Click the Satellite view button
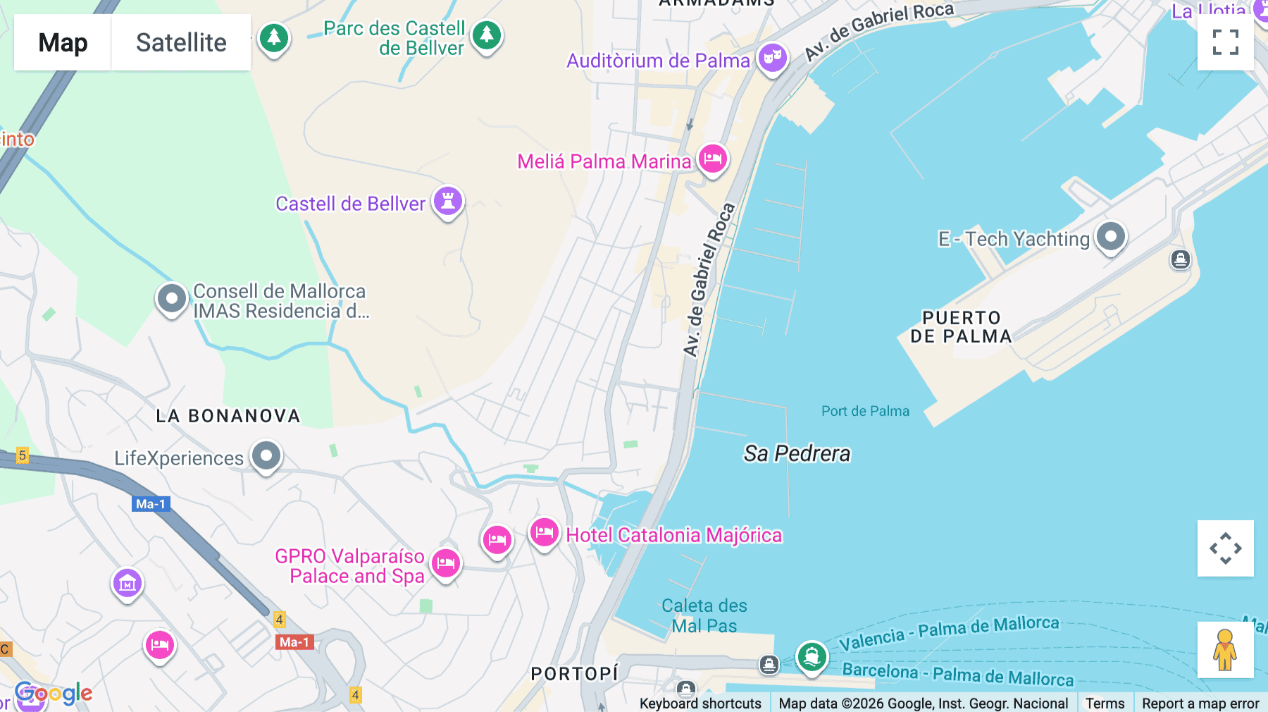(181, 42)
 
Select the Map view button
(63, 42)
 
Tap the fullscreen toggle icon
(1225, 42)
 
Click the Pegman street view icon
(1225, 650)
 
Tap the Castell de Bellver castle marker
(448, 201)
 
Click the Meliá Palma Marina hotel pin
(713, 159)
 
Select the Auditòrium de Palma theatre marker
(773, 58)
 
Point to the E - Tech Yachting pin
(1111, 237)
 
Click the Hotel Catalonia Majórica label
(673, 536)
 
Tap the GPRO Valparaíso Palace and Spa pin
(446, 563)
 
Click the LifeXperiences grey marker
(266, 456)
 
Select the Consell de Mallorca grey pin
(172, 299)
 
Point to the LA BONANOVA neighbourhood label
(228, 416)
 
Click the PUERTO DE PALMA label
(961, 327)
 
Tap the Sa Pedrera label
(797, 453)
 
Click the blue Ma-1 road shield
(151, 504)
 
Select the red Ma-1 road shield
(294, 642)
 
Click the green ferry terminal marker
(812, 657)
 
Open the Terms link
(1105, 703)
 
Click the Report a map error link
(1200, 703)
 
